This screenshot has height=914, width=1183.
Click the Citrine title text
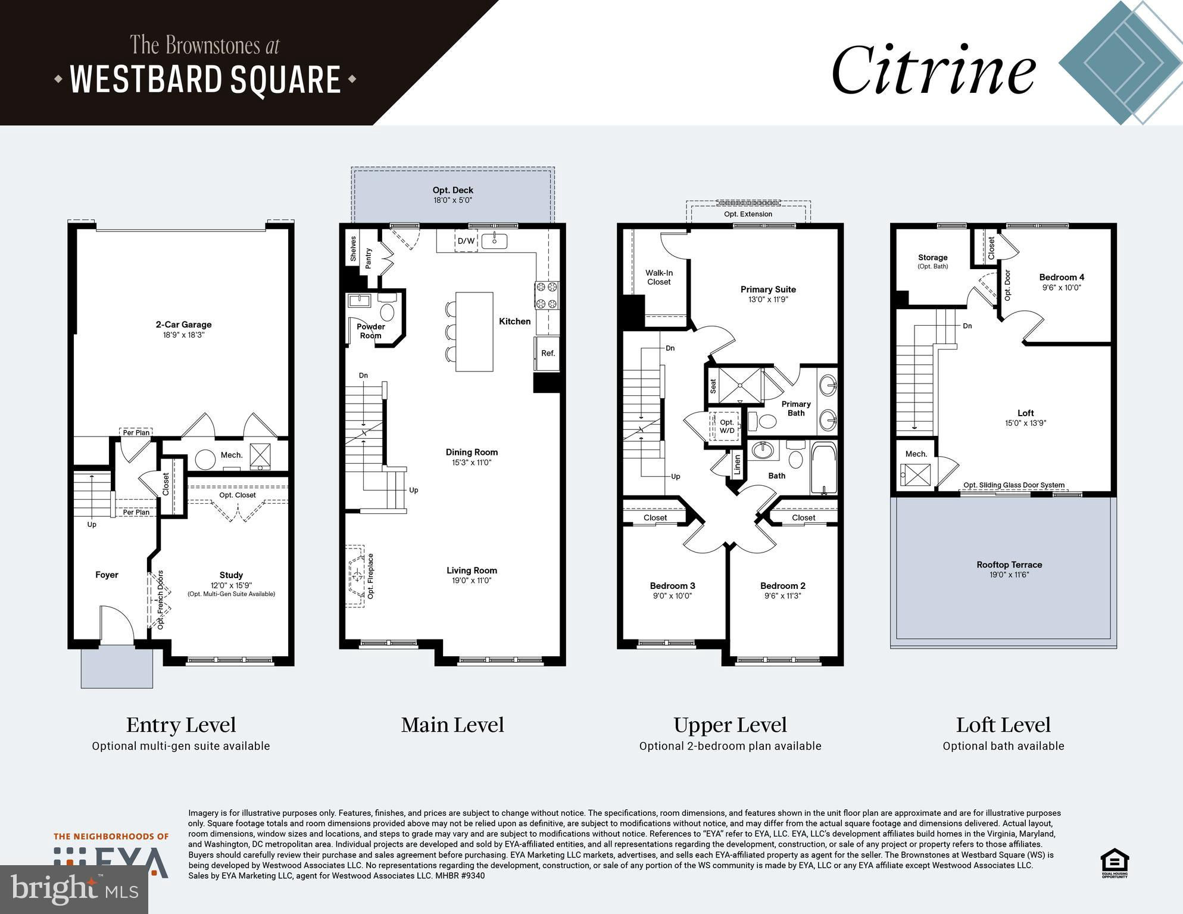933,70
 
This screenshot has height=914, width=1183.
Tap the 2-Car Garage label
183,325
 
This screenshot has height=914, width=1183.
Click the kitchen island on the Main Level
474,332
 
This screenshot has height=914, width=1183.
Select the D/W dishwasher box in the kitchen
466,241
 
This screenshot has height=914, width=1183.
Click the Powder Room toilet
387,308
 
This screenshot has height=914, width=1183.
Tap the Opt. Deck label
452,190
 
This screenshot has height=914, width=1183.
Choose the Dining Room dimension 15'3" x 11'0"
472,463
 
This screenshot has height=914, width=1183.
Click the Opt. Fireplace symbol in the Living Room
357,576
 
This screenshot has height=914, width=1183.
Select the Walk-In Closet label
659,277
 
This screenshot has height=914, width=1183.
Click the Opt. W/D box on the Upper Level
726,426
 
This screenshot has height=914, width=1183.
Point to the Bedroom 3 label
672,586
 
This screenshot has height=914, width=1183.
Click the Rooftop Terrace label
1009,564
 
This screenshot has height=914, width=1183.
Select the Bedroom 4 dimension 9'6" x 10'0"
1062,288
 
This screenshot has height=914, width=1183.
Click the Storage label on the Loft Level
932,258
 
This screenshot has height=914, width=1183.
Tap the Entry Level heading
181,725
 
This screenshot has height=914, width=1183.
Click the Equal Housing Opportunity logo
1115,863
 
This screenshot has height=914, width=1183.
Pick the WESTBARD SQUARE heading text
205,79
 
